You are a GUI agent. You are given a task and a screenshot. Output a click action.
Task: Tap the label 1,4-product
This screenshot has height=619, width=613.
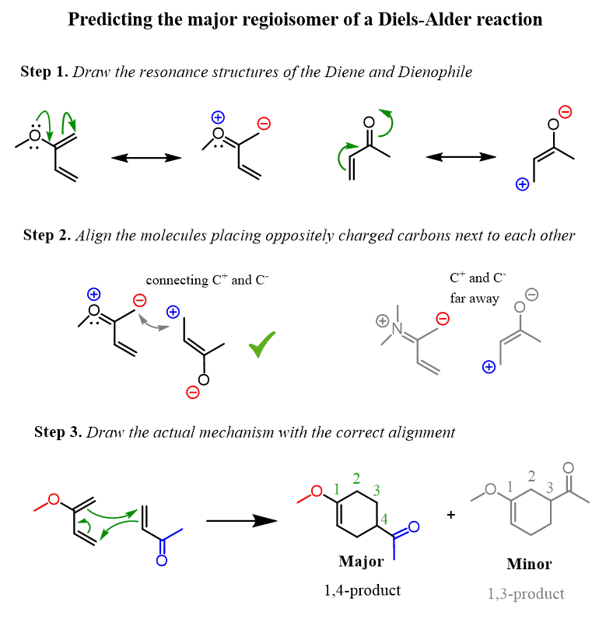(363, 590)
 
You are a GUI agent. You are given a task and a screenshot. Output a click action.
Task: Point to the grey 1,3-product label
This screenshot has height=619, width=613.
(526, 593)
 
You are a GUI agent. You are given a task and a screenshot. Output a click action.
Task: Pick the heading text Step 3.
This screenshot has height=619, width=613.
(58, 432)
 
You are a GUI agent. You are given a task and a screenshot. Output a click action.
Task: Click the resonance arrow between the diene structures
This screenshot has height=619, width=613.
(146, 158)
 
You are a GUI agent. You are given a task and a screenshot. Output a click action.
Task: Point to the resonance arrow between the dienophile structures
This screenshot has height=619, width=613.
(461, 156)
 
